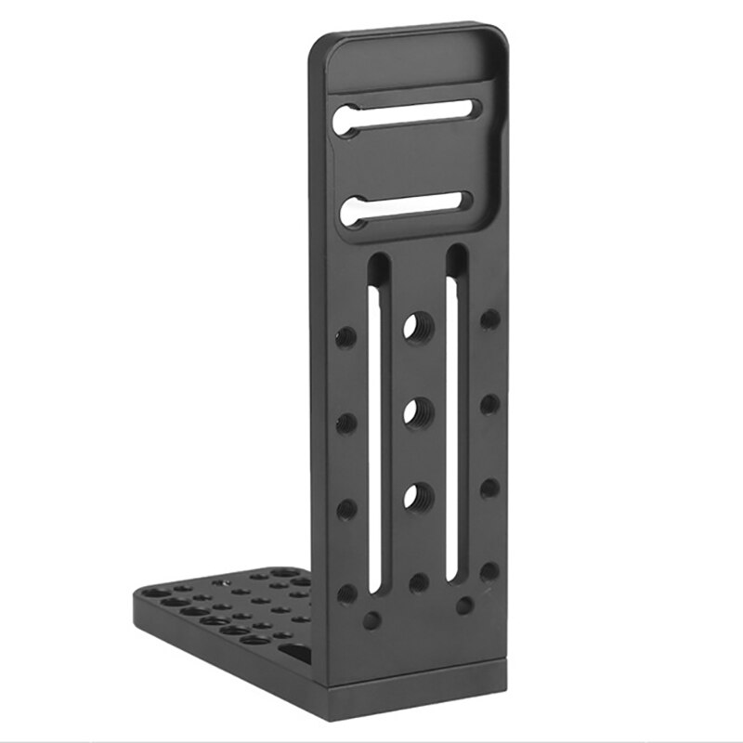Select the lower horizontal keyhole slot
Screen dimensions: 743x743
(x=409, y=207)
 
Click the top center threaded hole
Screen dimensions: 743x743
(x=412, y=328)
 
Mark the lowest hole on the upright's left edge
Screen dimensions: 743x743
(x=346, y=593)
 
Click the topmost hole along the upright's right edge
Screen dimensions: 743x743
(x=489, y=319)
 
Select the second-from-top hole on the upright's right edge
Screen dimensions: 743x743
(x=489, y=404)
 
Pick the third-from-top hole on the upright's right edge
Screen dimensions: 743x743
(x=489, y=488)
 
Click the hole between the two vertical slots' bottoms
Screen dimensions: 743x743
(x=418, y=582)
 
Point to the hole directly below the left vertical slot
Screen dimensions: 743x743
(x=371, y=619)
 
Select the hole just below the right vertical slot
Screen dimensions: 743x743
(x=464, y=605)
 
